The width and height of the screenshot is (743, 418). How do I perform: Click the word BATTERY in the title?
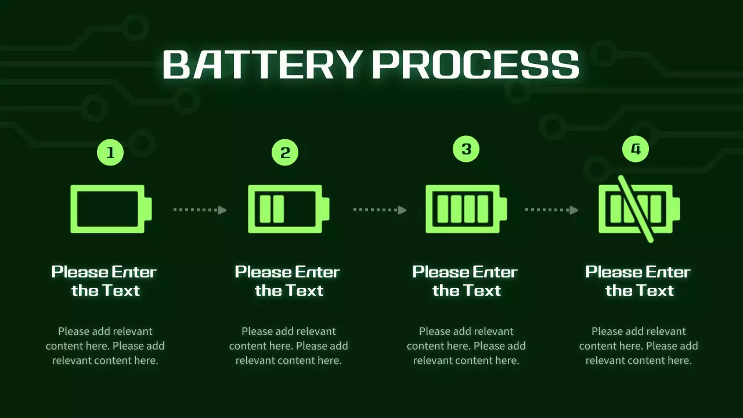(x=261, y=64)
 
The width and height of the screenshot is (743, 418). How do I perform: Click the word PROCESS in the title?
(x=475, y=64)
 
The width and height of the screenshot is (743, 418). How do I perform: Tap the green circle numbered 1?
(x=110, y=153)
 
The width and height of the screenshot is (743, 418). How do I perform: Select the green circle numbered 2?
(x=285, y=153)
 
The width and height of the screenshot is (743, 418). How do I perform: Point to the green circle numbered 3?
(x=466, y=149)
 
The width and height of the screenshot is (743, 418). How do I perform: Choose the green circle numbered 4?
(x=636, y=149)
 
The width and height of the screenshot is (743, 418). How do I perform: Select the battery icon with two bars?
(x=288, y=209)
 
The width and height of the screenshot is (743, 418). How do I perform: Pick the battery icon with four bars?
(x=466, y=209)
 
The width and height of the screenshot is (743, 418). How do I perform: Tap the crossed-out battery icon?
(x=639, y=209)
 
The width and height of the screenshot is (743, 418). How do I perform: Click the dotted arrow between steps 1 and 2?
(x=200, y=210)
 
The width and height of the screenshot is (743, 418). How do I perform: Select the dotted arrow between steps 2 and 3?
(x=380, y=210)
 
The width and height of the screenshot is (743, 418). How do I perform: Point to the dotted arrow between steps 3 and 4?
(x=551, y=210)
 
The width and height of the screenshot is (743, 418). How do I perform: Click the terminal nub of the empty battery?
(x=148, y=209)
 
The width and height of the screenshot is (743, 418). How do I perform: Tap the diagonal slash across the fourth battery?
(x=636, y=209)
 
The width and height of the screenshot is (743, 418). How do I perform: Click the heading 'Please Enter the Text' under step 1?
(x=104, y=282)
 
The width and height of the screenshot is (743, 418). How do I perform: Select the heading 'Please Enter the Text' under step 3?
(x=465, y=282)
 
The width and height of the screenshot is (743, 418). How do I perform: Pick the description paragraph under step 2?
(x=288, y=345)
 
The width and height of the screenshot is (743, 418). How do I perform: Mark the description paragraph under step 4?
(x=639, y=345)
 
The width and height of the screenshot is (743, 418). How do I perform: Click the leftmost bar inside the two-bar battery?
(x=265, y=209)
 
